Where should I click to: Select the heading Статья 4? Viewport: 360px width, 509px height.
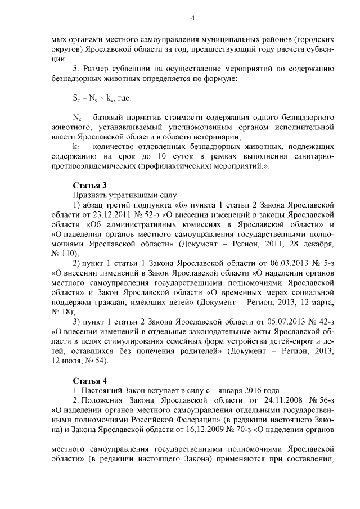[x=90, y=380]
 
